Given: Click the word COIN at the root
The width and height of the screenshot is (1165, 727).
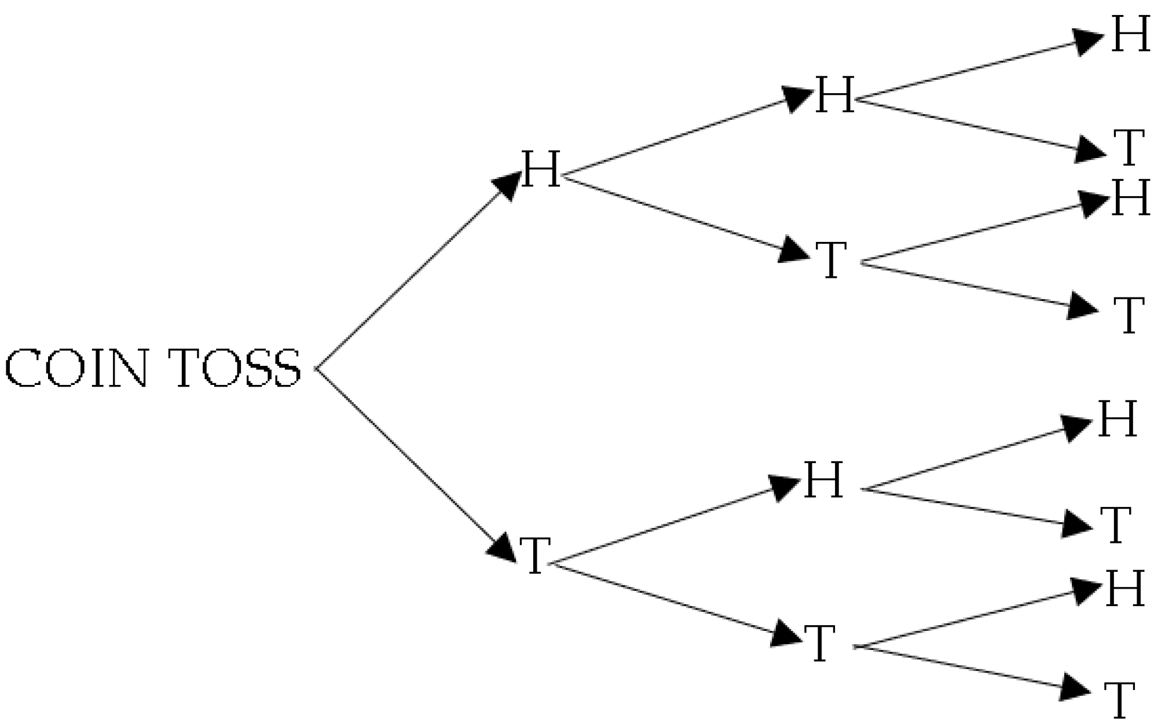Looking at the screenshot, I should [x=75, y=368].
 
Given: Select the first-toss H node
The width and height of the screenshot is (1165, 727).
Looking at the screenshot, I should [x=541, y=169].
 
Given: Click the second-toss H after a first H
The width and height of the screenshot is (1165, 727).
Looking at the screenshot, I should [x=834, y=94].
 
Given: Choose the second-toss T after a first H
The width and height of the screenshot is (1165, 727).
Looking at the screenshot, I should [x=831, y=260].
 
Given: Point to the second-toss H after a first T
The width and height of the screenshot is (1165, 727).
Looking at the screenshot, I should [x=823, y=480].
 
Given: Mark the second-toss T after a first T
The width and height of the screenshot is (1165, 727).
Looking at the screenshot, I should [x=820, y=644].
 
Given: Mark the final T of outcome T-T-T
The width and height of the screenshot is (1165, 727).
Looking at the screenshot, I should [x=1119, y=700].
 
